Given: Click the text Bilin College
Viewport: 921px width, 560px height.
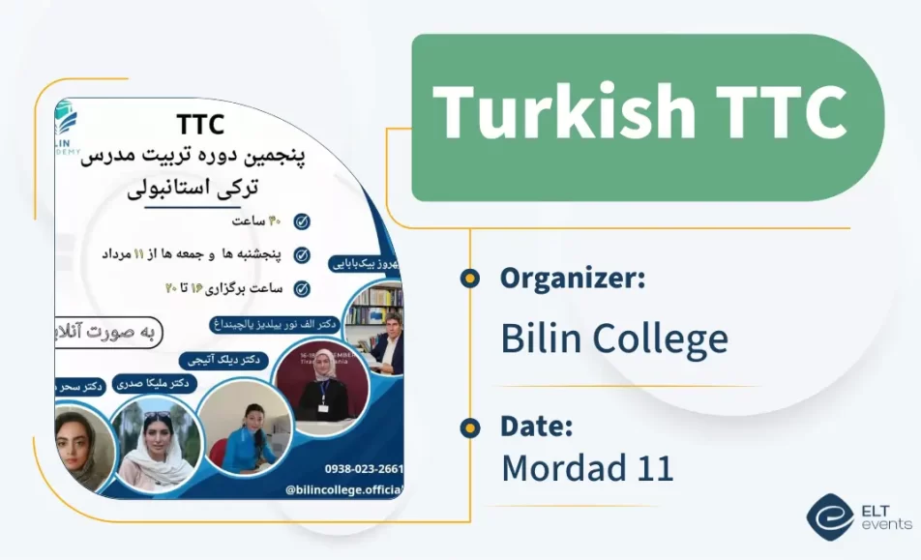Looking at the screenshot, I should [613, 339].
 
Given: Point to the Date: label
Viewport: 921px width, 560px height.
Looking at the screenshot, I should [537, 426].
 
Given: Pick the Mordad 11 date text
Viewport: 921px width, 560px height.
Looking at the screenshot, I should [586, 467].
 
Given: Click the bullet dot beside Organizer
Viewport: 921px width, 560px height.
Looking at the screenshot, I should [470, 279].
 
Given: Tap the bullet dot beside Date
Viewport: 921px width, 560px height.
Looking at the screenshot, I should [470, 427].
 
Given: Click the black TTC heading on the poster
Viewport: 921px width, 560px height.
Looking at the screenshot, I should [200, 125].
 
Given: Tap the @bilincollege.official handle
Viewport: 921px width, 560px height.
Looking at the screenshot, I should [342, 490].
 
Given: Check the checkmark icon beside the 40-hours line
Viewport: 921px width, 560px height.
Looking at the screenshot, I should [302, 221].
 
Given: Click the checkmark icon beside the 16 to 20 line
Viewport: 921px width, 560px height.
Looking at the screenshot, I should [302, 288].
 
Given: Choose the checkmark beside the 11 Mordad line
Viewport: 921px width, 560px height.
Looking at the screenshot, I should [302, 255].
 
